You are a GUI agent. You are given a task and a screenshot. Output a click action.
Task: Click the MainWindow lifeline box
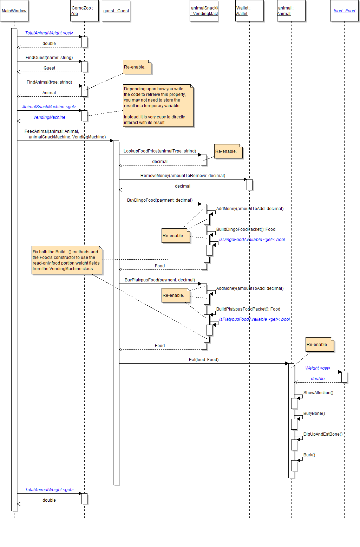(14, 11)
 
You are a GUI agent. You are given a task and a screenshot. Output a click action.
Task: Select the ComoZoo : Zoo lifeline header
(84, 11)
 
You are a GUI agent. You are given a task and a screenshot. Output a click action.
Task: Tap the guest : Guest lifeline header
(116, 11)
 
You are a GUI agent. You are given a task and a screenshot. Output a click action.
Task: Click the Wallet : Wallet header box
(249, 11)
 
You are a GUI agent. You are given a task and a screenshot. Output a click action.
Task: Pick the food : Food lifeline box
(344, 11)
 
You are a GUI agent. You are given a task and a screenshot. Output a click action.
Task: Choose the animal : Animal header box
(291, 11)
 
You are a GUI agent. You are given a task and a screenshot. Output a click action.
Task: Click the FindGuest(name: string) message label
(49, 58)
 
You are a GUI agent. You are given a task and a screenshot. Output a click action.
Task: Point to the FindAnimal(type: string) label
(49, 82)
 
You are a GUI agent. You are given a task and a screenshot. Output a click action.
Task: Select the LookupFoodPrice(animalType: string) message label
(160, 151)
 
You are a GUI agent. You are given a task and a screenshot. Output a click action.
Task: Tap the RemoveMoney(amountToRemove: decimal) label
(183, 176)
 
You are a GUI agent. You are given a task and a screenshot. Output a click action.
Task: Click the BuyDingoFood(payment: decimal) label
(160, 200)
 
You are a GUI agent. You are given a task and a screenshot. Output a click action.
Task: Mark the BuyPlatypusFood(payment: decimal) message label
(160, 280)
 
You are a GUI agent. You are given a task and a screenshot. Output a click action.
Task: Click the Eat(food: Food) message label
(204, 360)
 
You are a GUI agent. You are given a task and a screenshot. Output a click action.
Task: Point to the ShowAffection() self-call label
(318, 393)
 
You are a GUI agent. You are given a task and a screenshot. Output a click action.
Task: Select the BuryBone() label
(314, 413)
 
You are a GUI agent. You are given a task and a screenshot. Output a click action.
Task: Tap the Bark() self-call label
(309, 455)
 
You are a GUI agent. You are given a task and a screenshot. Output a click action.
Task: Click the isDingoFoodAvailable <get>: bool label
(252, 240)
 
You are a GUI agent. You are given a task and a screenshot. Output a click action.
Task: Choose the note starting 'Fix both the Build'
(67, 260)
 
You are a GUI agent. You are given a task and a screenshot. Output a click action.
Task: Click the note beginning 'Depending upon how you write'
(158, 105)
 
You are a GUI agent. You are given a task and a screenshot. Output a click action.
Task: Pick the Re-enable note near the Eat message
(320, 345)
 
